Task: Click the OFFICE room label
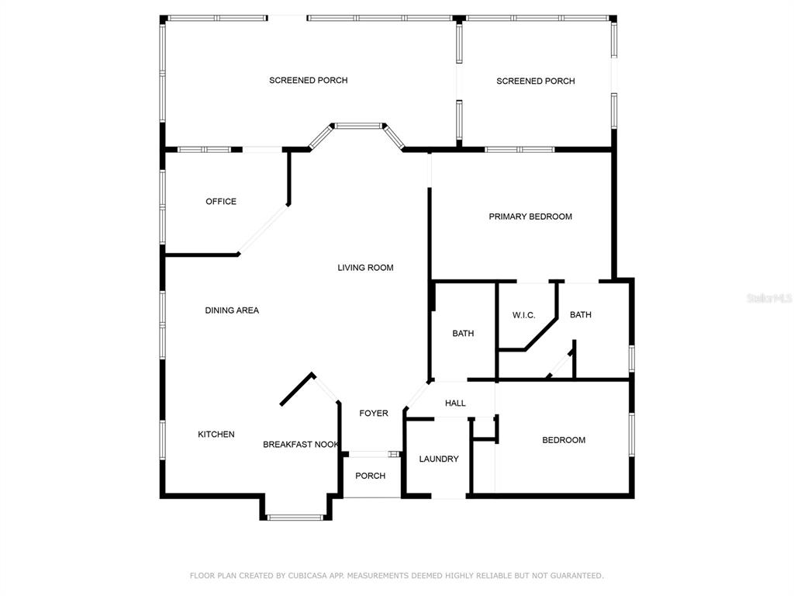point(221,201)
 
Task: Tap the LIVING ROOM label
point(365,268)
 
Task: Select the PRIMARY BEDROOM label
point(530,217)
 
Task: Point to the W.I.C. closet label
point(523,315)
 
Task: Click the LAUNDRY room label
point(439,459)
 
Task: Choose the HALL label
point(455,403)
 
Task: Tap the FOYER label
point(374,413)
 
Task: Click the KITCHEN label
point(216,435)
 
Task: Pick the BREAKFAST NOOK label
point(301,445)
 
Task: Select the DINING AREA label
point(232,310)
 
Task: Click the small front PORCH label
point(370,476)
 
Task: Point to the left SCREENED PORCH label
point(309,80)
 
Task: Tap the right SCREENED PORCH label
point(535,81)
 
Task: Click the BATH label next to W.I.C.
point(580,315)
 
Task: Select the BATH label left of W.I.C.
point(463,334)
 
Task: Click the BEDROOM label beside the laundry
point(564,440)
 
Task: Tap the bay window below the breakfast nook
point(295,518)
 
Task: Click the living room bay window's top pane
point(358,126)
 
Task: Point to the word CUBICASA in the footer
point(308,576)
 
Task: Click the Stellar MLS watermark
point(769,298)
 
